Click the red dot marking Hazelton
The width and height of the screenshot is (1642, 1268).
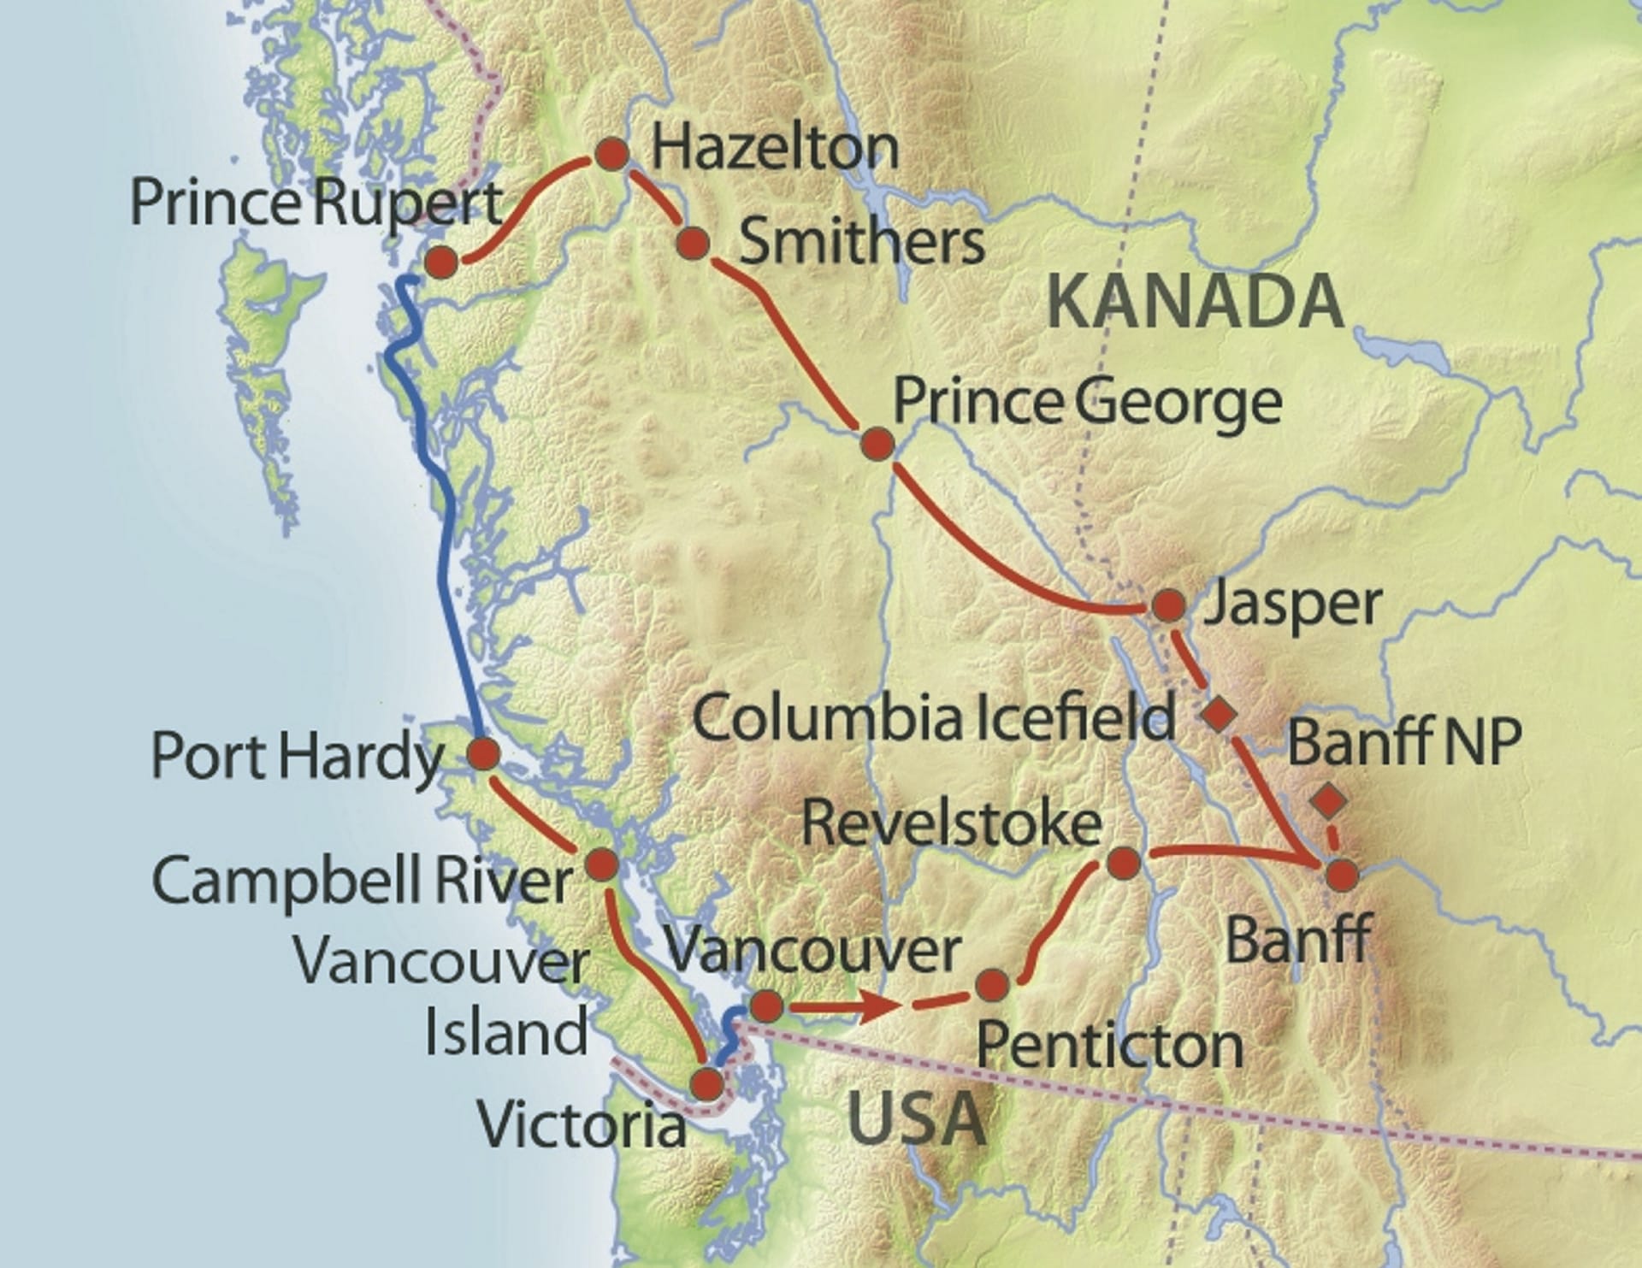(612, 154)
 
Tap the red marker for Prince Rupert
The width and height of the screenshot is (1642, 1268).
(441, 262)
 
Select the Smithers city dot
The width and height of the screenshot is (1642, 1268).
(693, 243)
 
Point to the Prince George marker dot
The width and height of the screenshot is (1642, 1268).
(877, 444)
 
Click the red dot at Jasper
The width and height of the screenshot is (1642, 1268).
(1169, 605)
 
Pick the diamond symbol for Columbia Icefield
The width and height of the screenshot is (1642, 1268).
(1219, 714)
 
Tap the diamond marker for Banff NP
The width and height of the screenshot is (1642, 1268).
(1328, 801)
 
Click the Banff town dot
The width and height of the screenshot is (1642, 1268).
(1342, 875)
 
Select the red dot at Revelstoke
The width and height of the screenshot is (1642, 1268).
(1124, 863)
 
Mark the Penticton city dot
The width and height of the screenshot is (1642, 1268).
(992, 985)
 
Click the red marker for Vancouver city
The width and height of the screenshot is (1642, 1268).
(766, 1006)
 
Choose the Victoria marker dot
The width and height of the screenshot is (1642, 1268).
(706, 1084)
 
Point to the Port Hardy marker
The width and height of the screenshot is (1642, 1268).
(483, 754)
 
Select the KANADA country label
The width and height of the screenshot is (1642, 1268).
(1195, 302)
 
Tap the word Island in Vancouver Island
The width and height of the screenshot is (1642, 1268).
(506, 1032)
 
